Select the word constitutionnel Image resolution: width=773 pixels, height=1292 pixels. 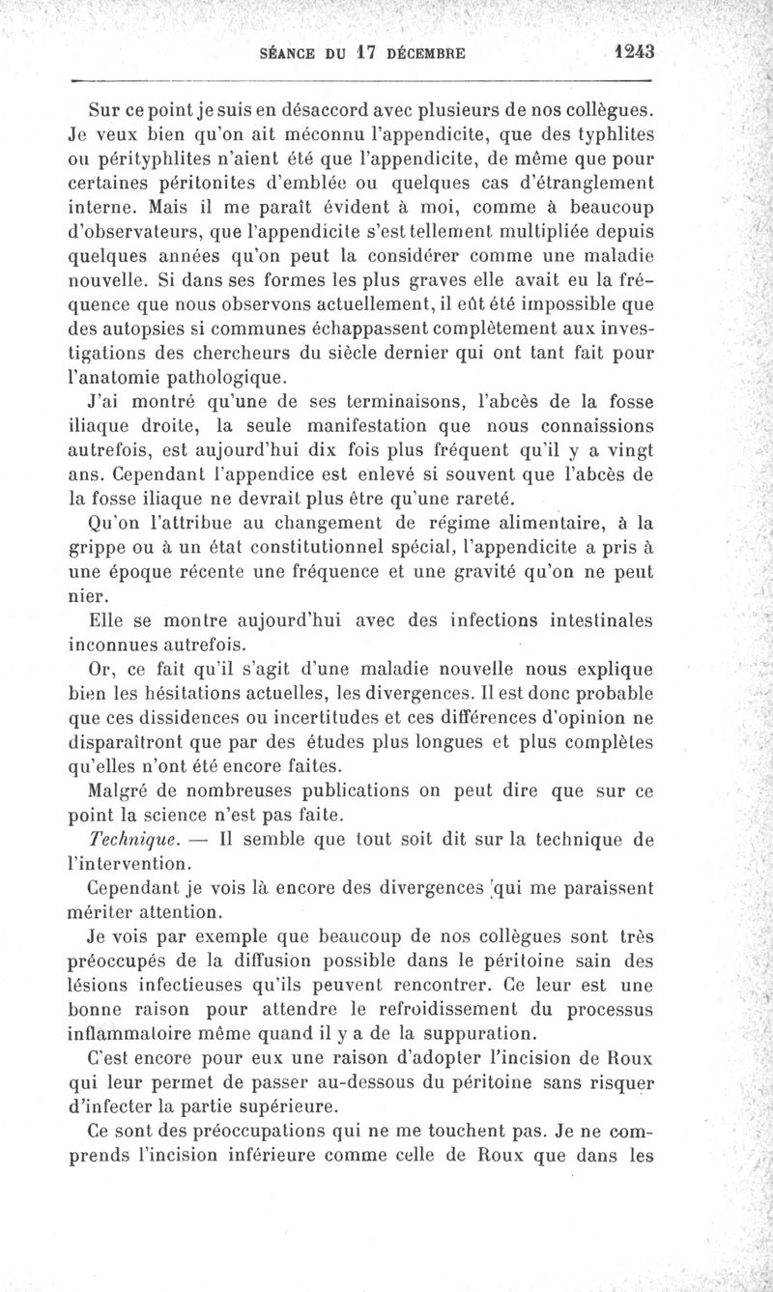pyautogui.click(x=277, y=551)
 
